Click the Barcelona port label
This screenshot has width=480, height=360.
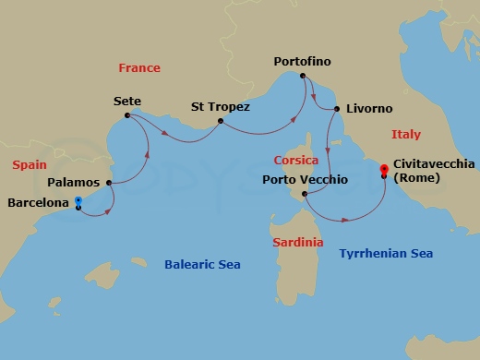[x=39, y=202]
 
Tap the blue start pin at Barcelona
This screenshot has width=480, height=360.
[x=78, y=201]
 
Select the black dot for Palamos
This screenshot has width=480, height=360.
[x=110, y=182]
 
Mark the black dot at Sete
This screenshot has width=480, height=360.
[x=126, y=115]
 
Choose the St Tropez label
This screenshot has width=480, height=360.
[x=220, y=106]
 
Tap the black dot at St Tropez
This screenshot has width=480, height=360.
[x=220, y=120]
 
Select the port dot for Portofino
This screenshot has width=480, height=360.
[x=303, y=76]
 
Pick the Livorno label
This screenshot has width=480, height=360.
[x=370, y=109]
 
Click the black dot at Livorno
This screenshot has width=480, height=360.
[x=337, y=109]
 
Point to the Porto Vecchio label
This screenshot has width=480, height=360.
[x=305, y=179]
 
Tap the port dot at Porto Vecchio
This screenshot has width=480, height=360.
[x=304, y=193]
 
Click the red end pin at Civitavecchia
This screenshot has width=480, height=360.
[x=383, y=170]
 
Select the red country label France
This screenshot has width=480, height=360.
[x=139, y=67]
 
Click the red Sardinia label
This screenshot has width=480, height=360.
[x=298, y=242]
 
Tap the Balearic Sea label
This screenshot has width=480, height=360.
[x=202, y=265]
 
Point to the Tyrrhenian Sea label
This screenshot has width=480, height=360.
[x=386, y=253]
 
